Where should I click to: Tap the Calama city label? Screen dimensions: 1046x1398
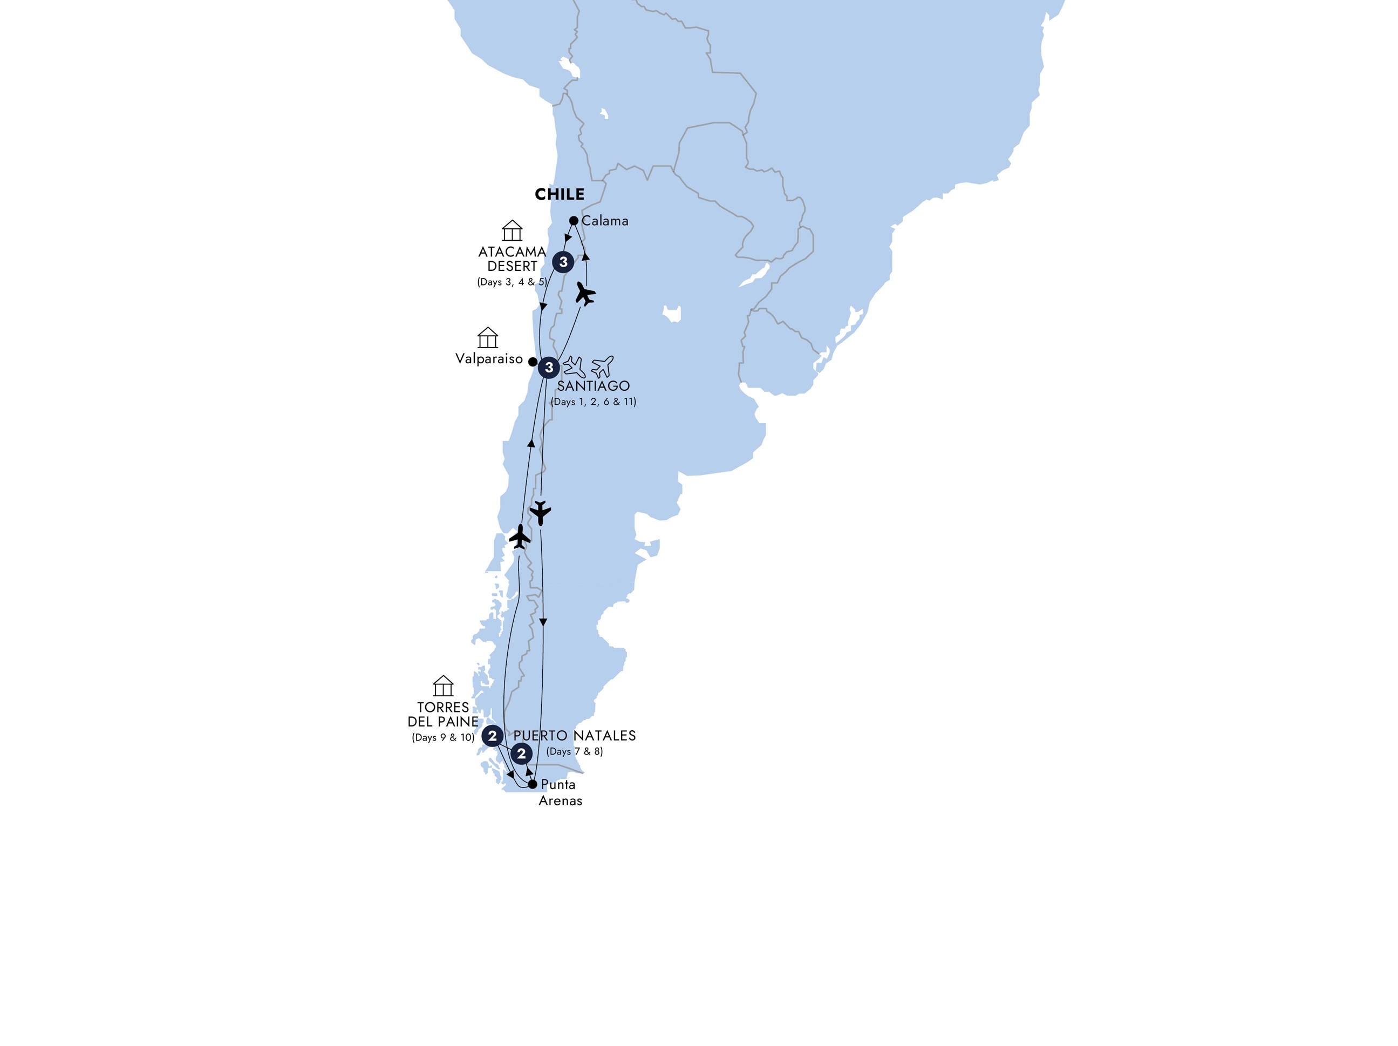[605, 221]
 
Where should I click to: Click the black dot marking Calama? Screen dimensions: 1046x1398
[573, 221]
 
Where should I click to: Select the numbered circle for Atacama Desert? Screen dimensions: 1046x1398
[563, 262]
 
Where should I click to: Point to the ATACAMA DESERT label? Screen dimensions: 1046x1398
[512, 259]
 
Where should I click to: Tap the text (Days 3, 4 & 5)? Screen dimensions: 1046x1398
[512, 282]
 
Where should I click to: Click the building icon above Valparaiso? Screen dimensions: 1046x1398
[487, 337]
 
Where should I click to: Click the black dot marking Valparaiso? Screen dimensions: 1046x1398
[533, 362]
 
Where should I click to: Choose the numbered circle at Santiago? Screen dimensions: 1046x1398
[549, 367]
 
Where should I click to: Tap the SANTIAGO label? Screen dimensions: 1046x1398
[593, 386]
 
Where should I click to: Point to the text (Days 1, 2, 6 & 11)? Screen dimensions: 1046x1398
[593, 402]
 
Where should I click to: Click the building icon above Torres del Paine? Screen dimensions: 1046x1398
[443, 686]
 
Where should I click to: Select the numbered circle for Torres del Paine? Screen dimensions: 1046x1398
[492, 736]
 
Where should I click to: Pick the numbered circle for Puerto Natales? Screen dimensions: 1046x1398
[521, 753]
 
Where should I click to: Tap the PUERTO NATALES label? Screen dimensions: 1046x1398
[575, 736]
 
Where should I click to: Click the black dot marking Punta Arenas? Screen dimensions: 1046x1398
[533, 784]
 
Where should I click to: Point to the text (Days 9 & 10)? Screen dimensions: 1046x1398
[443, 738]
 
